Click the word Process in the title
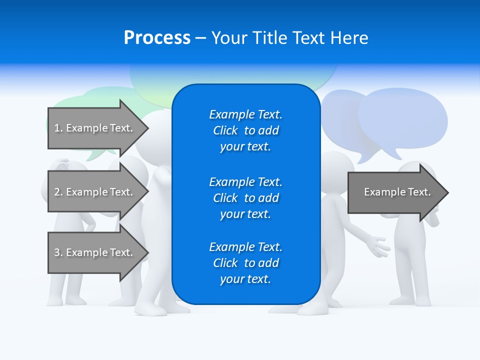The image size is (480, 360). tap(157, 38)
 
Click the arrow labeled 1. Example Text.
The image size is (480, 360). tap(93, 128)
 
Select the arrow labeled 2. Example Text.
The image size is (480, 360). tap(93, 192)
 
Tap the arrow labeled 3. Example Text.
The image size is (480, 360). tap(93, 252)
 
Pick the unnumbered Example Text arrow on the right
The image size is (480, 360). tap(397, 192)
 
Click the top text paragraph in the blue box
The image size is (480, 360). tap(245, 130)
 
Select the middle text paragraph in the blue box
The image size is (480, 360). tap(245, 198)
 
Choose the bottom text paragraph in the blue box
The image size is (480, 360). tap(245, 263)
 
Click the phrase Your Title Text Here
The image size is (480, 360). tap(289, 38)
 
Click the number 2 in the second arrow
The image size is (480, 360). tap(57, 192)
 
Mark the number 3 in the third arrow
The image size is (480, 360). tap(57, 252)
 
